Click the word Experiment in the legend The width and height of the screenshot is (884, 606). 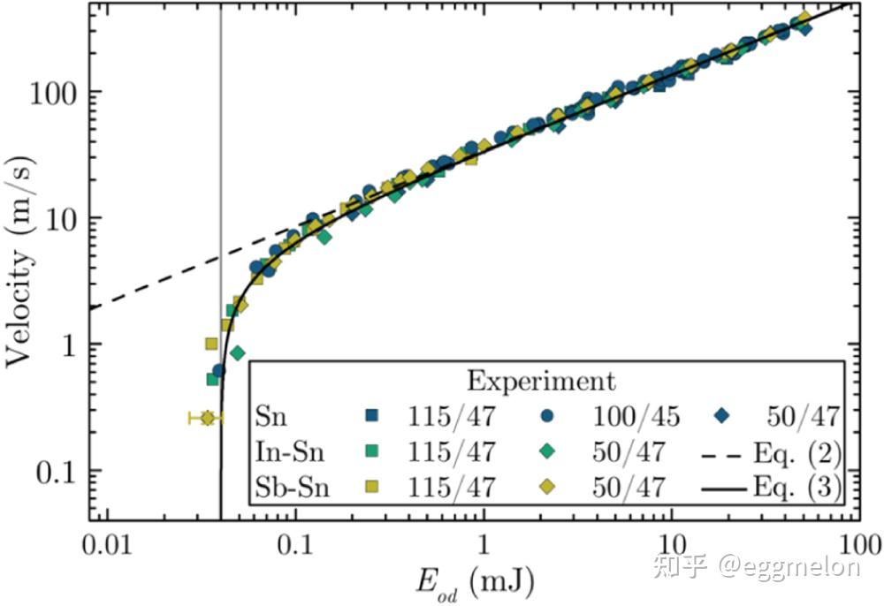tap(541, 382)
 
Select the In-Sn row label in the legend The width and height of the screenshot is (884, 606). tap(289, 452)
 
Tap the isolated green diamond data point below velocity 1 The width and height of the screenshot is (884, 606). tap(237, 353)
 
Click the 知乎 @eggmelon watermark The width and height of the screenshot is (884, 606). tap(756, 565)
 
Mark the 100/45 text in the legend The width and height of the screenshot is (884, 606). tap(629, 417)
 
